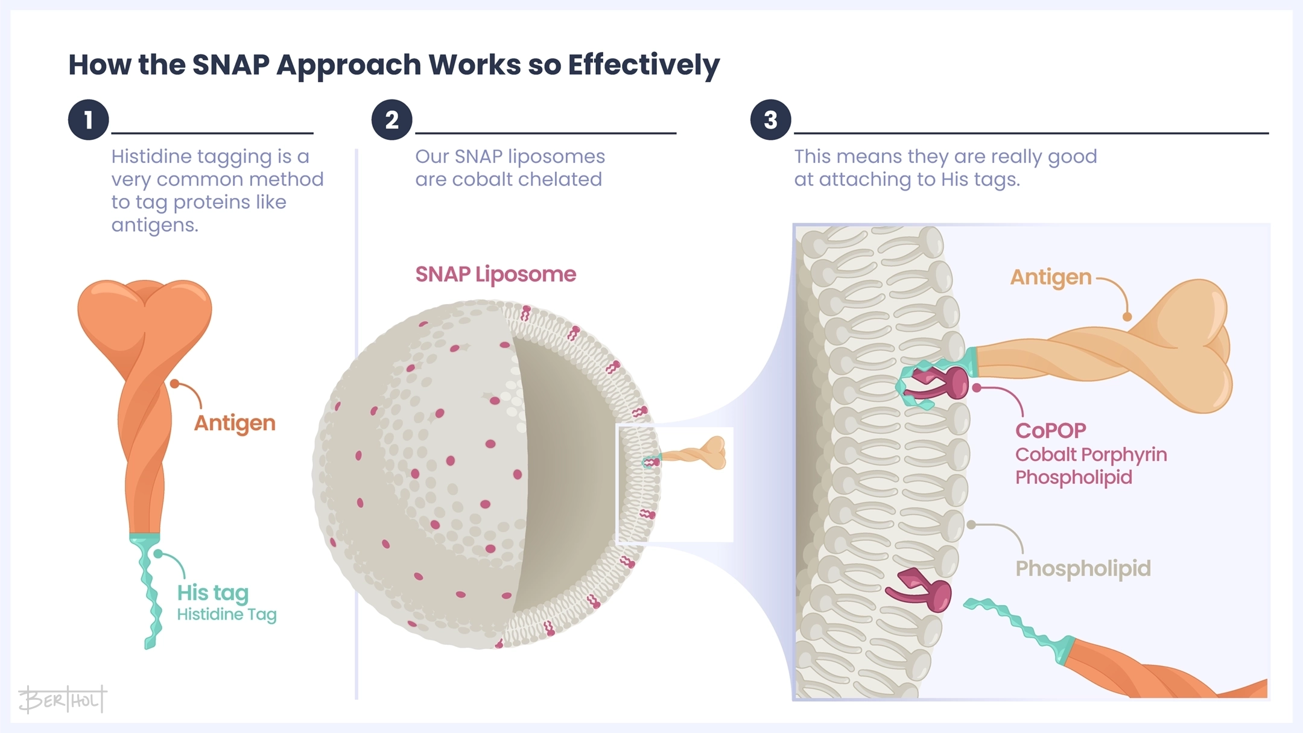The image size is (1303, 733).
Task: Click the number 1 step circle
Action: (88, 119)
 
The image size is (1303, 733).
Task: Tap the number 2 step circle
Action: (392, 119)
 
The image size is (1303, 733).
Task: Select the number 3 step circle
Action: (770, 119)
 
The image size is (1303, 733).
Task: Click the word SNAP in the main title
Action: (230, 65)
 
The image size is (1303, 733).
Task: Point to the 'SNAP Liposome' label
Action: (495, 274)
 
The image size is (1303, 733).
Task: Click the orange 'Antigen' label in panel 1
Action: (235, 423)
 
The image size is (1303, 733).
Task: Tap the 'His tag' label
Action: (212, 592)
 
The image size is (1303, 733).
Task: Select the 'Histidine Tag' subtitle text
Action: (226, 614)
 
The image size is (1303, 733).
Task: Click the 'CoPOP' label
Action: (1050, 431)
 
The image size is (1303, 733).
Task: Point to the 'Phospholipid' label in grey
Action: (1083, 568)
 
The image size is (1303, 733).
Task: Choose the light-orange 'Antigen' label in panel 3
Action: (1050, 277)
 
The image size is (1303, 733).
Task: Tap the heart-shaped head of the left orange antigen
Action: (145, 314)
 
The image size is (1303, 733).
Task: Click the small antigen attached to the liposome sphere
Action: (700, 454)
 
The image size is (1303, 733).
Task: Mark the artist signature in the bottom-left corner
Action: (62, 700)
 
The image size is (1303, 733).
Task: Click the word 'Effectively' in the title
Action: (644, 65)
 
